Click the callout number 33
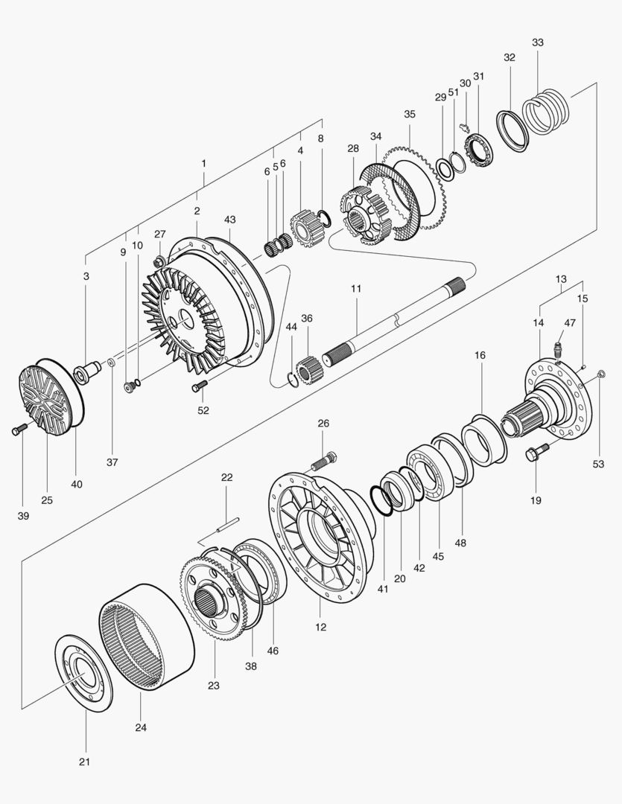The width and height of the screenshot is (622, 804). (x=537, y=42)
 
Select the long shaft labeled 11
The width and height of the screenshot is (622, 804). (x=395, y=319)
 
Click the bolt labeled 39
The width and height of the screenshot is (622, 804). (x=19, y=430)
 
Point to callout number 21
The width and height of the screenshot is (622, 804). (x=84, y=762)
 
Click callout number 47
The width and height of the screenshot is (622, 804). (x=570, y=322)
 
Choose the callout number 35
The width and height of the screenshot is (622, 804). (x=410, y=114)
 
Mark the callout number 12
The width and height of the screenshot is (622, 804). (x=321, y=627)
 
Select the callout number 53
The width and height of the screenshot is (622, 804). (x=598, y=465)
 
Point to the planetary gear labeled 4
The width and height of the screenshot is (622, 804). (x=305, y=226)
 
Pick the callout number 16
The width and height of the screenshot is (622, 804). (x=480, y=356)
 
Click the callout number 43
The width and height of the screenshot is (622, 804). (x=229, y=220)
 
